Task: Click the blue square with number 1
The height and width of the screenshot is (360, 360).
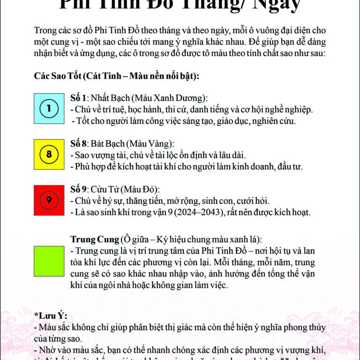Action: (49, 108)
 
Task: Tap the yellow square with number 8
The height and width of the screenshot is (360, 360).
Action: (49, 154)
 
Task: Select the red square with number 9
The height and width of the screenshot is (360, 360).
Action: (49, 200)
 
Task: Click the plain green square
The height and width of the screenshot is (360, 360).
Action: (49, 261)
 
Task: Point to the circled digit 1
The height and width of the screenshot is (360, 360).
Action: (49, 108)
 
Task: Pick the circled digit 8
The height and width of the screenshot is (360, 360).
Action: (49, 154)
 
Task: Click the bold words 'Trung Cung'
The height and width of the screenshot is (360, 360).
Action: (94, 239)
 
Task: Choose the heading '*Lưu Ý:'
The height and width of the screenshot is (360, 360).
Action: (51, 316)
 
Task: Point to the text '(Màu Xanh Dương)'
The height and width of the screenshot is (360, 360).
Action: (169, 98)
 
